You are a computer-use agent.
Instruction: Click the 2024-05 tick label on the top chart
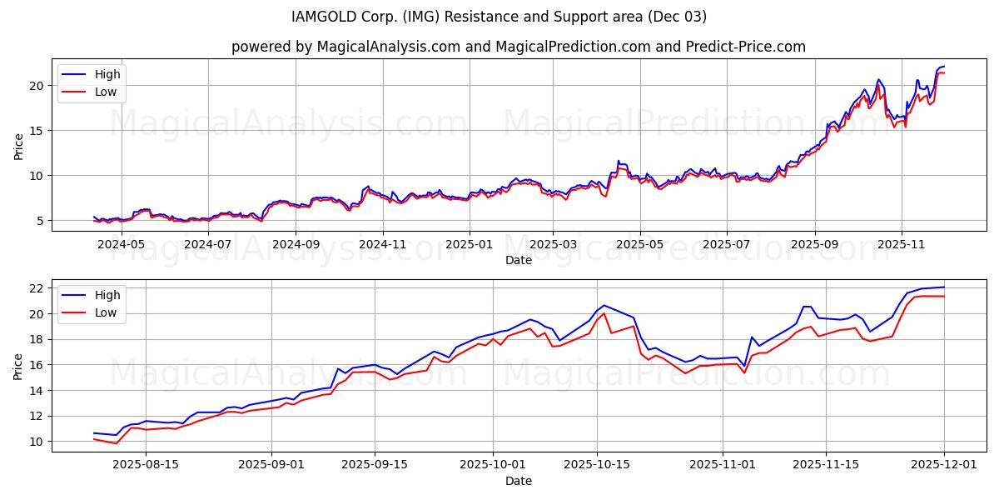[x=122, y=245]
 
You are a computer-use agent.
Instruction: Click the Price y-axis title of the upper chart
[x=18, y=145]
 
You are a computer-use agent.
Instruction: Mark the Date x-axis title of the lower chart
[x=518, y=481]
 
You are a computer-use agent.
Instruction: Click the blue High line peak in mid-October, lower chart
[x=604, y=305]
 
